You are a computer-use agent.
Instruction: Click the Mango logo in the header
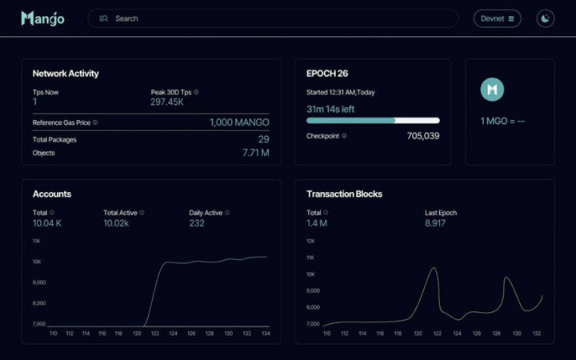(42, 18)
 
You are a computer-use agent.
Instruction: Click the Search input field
(272, 18)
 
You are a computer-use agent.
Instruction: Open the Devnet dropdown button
(498, 18)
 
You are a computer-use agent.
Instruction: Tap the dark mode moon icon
(546, 18)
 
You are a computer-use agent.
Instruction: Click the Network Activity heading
(66, 74)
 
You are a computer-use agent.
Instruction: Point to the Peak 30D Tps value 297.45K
(168, 102)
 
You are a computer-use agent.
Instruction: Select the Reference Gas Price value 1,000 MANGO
(239, 122)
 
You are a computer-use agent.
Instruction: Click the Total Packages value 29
(263, 139)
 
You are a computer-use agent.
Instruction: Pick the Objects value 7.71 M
(255, 152)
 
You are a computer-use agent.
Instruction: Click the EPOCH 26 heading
(327, 74)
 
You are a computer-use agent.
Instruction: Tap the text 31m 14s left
(330, 109)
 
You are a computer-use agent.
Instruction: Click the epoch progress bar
(373, 121)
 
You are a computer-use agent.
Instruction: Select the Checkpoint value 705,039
(422, 136)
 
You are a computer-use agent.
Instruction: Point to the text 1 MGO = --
(502, 121)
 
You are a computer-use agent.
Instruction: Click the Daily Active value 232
(197, 223)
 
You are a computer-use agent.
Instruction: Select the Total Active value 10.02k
(116, 223)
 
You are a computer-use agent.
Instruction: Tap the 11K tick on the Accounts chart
(37, 241)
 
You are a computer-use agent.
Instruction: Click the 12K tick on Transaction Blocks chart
(311, 241)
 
